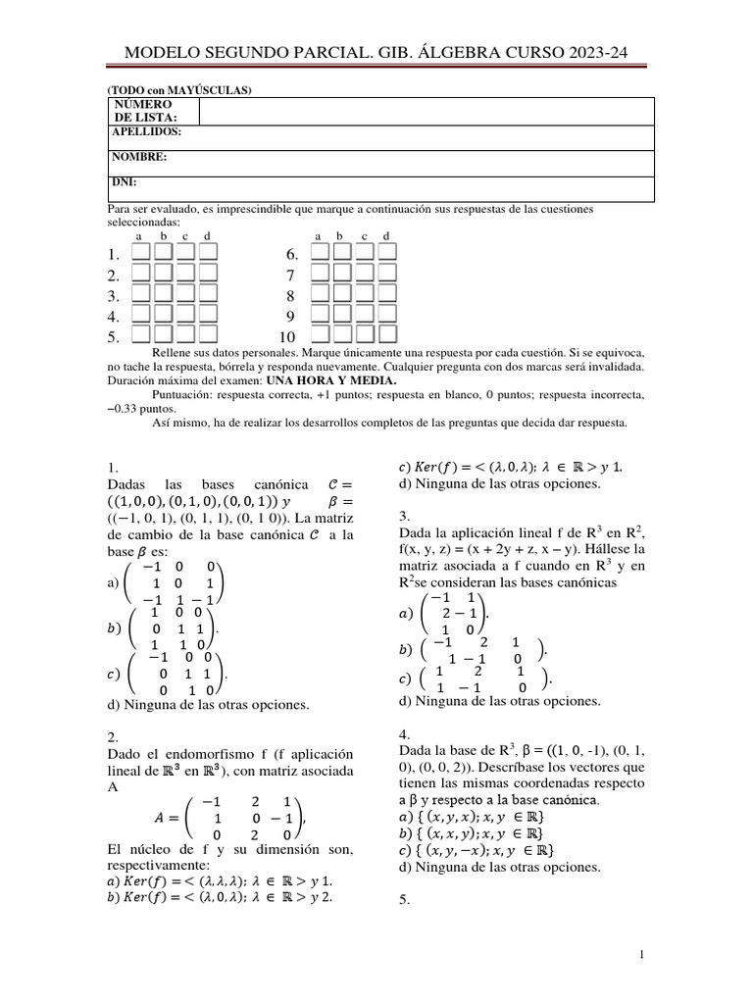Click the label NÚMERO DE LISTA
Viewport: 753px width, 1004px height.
coord(142,111)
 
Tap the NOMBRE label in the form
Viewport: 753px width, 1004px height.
coord(138,157)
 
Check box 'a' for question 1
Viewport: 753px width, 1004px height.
coord(140,254)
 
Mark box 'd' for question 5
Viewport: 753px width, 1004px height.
coord(207,336)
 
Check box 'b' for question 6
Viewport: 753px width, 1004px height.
coord(341,254)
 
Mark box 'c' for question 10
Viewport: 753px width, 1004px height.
coord(364,336)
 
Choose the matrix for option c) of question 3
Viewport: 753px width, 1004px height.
coord(481,679)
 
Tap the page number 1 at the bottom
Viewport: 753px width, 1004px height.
coord(640,955)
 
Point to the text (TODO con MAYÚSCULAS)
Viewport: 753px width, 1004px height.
coord(179,90)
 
